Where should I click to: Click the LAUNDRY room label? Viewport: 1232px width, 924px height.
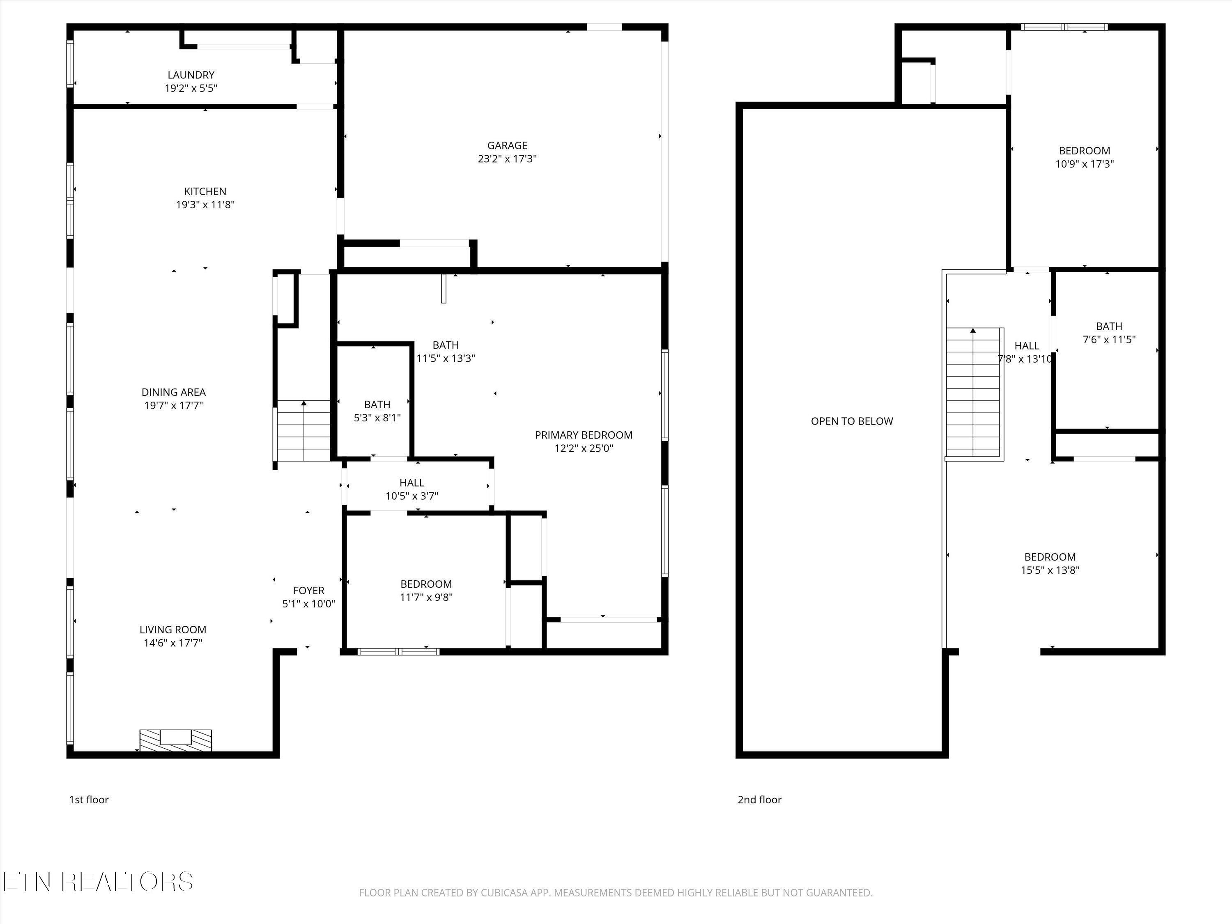click(x=191, y=75)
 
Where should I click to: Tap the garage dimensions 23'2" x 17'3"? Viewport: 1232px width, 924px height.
click(x=507, y=159)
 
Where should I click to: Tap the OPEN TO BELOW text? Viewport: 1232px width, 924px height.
click(x=852, y=421)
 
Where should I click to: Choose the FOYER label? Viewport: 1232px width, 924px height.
click(x=308, y=591)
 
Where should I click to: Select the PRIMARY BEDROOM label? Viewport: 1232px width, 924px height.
click(x=583, y=435)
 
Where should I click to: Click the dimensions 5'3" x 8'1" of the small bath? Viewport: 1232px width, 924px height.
click(x=377, y=418)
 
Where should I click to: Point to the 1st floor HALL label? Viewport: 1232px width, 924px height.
click(x=411, y=483)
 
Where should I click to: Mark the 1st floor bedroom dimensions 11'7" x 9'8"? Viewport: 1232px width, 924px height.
click(x=426, y=598)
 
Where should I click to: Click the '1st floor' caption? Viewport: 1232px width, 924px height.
click(x=89, y=800)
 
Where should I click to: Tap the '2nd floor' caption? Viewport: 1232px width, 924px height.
click(x=759, y=800)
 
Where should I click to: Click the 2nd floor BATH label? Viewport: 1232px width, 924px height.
click(x=1108, y=326)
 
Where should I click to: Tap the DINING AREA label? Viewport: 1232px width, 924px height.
click(x=173, y=392)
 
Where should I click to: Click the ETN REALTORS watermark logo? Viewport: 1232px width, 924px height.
click(x=98, y=882)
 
